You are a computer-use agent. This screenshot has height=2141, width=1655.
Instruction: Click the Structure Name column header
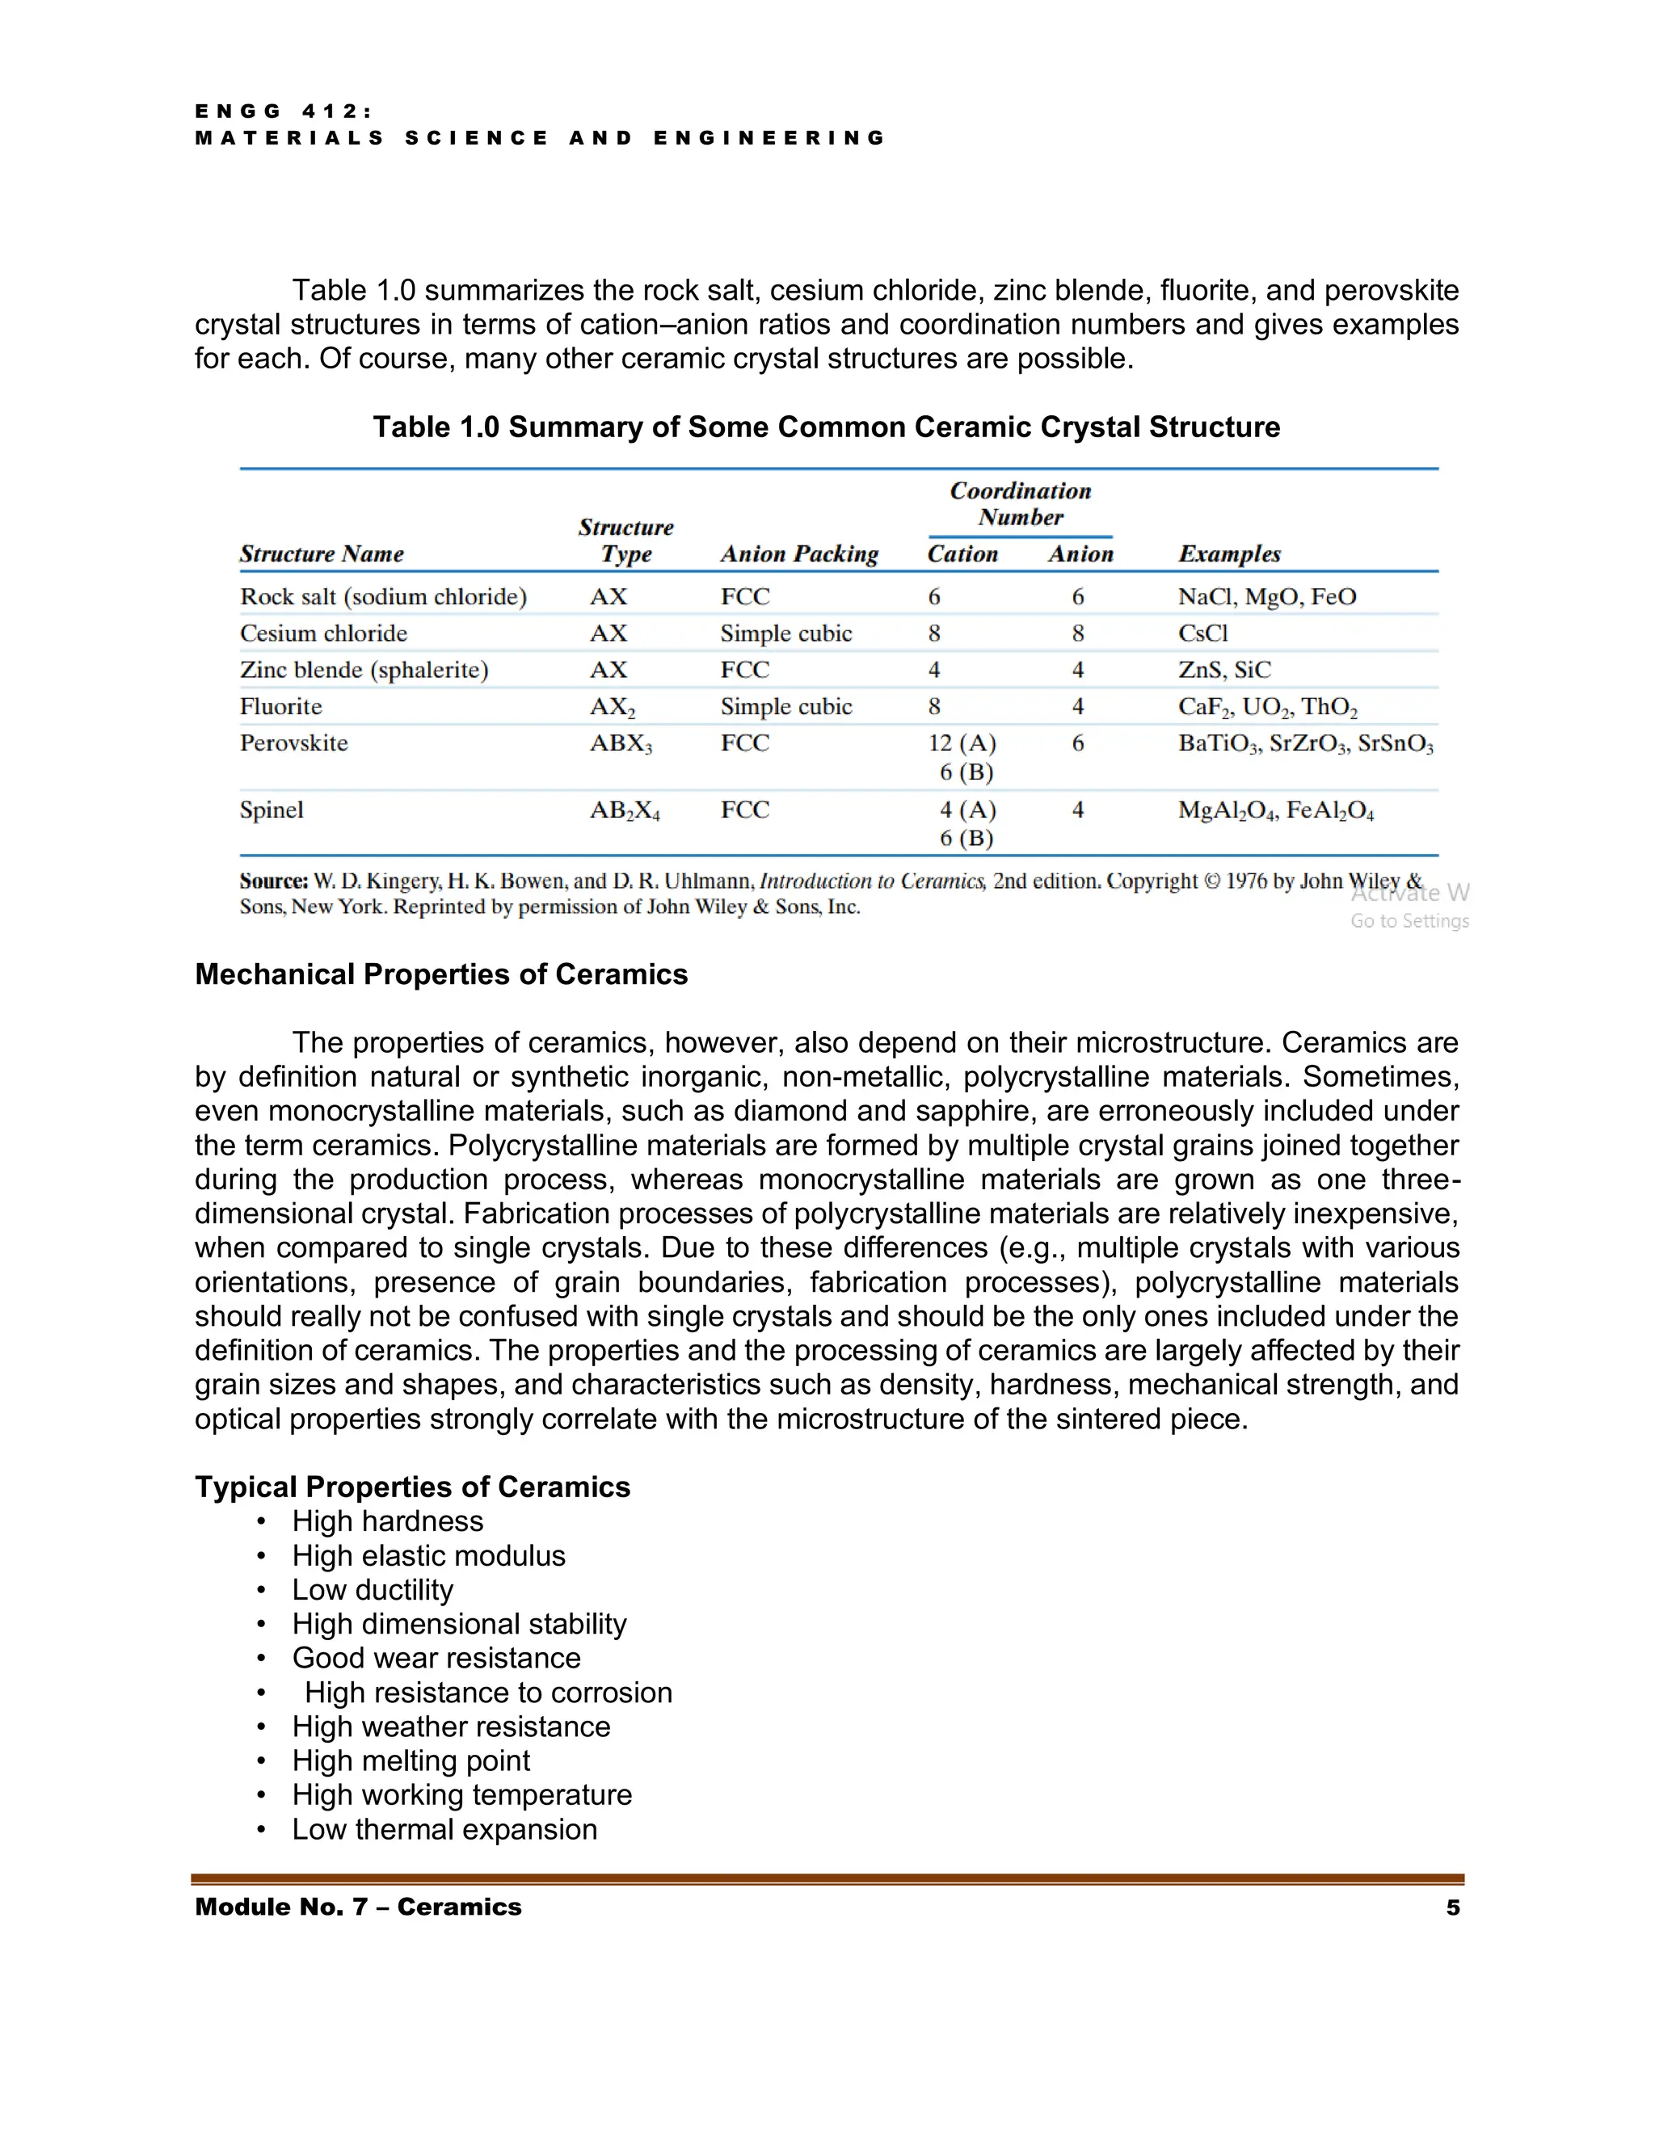point(322,554)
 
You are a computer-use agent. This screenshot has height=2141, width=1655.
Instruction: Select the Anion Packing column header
point(799,554)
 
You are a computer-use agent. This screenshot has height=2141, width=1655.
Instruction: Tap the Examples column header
point(1229,554)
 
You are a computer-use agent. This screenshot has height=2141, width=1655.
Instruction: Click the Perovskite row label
point(294,743)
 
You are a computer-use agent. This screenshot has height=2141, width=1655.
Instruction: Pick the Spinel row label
point(272,810)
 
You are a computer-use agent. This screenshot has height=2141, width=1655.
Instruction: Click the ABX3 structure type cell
point(621,744)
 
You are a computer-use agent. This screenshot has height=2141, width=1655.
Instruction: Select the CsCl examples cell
point(1203,633)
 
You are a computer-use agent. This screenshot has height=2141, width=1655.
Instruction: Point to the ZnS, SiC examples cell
point(1224,670)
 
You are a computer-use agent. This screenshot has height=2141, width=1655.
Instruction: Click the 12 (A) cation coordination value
point(962,743)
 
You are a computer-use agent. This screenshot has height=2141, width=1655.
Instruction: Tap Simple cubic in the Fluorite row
point(786,707)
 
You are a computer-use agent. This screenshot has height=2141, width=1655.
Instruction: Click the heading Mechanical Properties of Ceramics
point(441,974)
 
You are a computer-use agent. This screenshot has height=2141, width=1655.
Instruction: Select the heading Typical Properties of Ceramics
point(413,1487)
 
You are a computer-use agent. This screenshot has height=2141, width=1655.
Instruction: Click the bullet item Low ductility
point(373,1589)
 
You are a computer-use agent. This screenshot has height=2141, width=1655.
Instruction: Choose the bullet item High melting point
point(411,1760)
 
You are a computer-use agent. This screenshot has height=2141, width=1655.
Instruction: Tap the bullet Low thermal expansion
point(444,1829)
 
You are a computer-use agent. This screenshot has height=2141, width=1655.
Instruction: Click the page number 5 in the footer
point(1453,1907)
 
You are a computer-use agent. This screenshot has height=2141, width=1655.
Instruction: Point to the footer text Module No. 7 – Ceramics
point(359,1907)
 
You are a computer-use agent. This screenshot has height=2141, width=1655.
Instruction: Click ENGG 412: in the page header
point(284,111)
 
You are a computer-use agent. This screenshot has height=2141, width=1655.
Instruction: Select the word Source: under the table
point(274,881)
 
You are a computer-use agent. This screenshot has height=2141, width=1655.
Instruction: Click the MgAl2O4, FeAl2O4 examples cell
point(1275,810)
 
